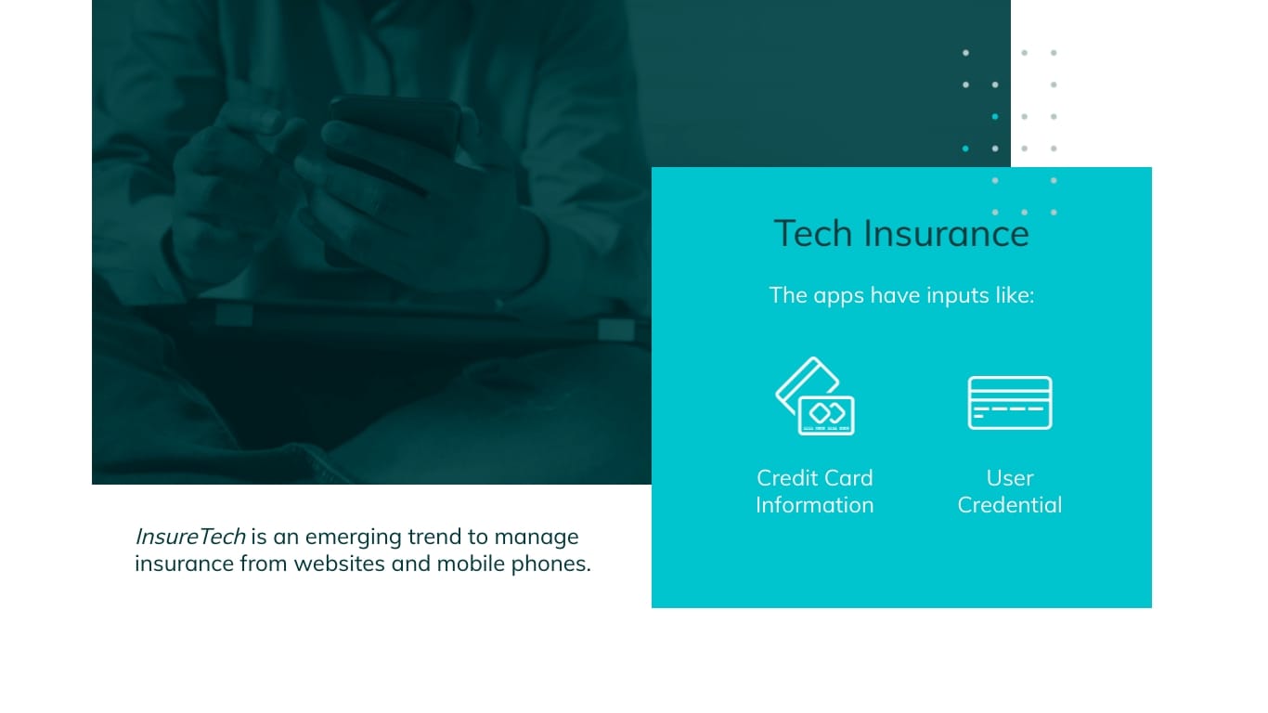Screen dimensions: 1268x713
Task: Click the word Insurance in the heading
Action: click(x=947, y=233)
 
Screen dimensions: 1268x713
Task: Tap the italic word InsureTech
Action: click(x=190, y=537)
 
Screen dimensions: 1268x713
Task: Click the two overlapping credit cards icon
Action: click(x=815, y=396)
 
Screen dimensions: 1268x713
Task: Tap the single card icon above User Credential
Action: click(x=1010, y=403)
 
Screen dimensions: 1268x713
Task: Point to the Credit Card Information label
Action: click(x=815, y=491)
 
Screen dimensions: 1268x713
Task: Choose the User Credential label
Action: click(x=1010, y=491)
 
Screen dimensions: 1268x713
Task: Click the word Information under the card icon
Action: click(x=815, y=505)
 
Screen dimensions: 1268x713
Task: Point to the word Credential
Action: click(x=1010, y=505)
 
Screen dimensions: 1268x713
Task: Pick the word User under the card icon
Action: click(x=1010, y=478)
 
